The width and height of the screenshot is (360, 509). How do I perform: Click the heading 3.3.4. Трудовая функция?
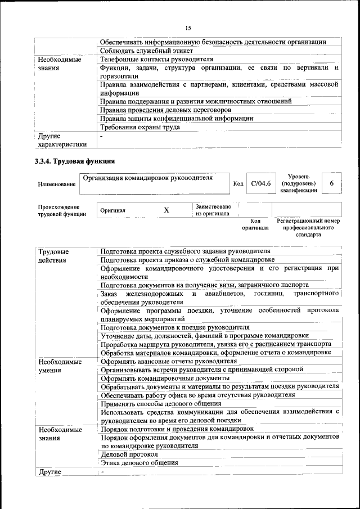71,163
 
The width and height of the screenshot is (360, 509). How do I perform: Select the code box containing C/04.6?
261,183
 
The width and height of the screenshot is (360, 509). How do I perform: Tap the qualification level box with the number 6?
332,183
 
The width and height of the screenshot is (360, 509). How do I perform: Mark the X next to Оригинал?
166,210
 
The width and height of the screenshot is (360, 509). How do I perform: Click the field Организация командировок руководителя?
148,178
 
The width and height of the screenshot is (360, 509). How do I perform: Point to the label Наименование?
56,184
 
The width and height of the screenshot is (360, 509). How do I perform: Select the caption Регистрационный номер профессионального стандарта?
308,228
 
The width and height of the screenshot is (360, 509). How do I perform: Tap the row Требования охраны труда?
140,127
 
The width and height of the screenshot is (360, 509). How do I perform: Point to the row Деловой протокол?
129,454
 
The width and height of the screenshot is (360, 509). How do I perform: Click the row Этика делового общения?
139,463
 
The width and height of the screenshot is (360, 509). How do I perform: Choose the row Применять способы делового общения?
161,403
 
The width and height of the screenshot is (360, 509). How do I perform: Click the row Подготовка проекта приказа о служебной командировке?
187,260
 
